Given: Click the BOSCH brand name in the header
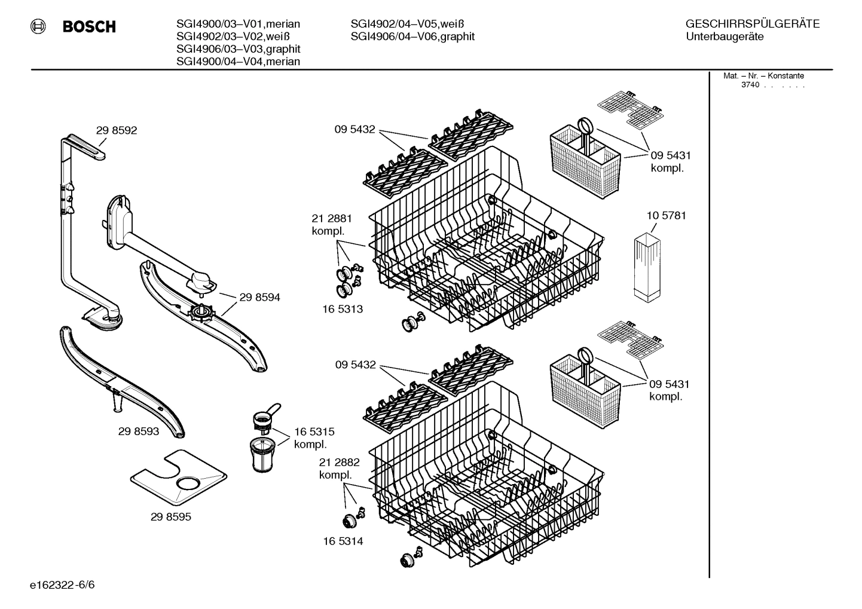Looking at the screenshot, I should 88,27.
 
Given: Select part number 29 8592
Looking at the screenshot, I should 117,130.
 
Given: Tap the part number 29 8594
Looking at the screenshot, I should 259,297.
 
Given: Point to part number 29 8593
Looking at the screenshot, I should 139,431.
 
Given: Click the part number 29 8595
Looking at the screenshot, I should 171,517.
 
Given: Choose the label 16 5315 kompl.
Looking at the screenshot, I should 314,438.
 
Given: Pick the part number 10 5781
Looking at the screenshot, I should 666,215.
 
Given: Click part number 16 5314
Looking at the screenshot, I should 343,541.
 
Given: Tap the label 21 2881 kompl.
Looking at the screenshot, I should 331,224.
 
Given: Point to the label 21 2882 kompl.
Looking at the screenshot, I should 339,469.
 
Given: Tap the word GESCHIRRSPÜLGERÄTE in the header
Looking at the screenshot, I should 752,24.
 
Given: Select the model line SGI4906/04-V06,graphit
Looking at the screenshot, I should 412,36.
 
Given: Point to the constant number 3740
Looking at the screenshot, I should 750,85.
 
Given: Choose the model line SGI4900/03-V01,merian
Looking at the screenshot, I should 238,24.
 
